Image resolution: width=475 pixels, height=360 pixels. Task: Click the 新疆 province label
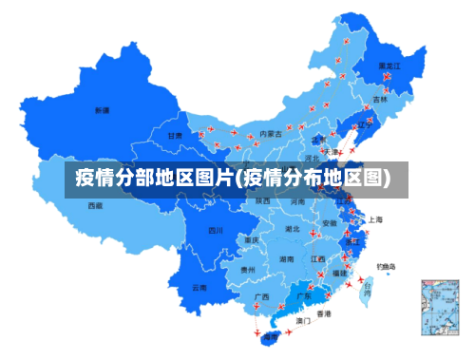click(x=102, y=111)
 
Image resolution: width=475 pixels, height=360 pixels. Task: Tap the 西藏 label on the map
click(x=95, y=205)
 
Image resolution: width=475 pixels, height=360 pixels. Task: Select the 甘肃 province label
click(x=175, y=136)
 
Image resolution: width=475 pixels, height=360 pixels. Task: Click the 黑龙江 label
click(x=389, y=66)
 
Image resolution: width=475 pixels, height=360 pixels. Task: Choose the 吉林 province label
click(x=380, y=99)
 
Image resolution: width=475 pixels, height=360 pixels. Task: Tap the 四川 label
click(x=216, y=230)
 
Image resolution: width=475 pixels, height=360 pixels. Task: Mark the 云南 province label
click(x=199, y=287)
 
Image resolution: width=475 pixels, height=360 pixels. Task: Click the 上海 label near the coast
click(x=375, y=219)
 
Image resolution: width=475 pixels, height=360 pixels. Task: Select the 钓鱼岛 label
click(x=387, y=266)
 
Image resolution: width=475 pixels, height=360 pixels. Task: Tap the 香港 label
click(x=324, y=313)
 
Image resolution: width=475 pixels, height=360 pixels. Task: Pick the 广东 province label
click(x=304, y=296)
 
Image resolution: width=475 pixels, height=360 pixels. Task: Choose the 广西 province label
click(x=261, y=296)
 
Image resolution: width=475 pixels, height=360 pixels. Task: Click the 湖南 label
click(x=286, y=258)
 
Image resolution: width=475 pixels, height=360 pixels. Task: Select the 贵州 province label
click(x=248, y=270)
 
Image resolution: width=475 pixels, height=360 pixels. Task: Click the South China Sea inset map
click(x=439, y=308)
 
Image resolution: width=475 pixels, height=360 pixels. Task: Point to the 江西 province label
click(x=318, y=258)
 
